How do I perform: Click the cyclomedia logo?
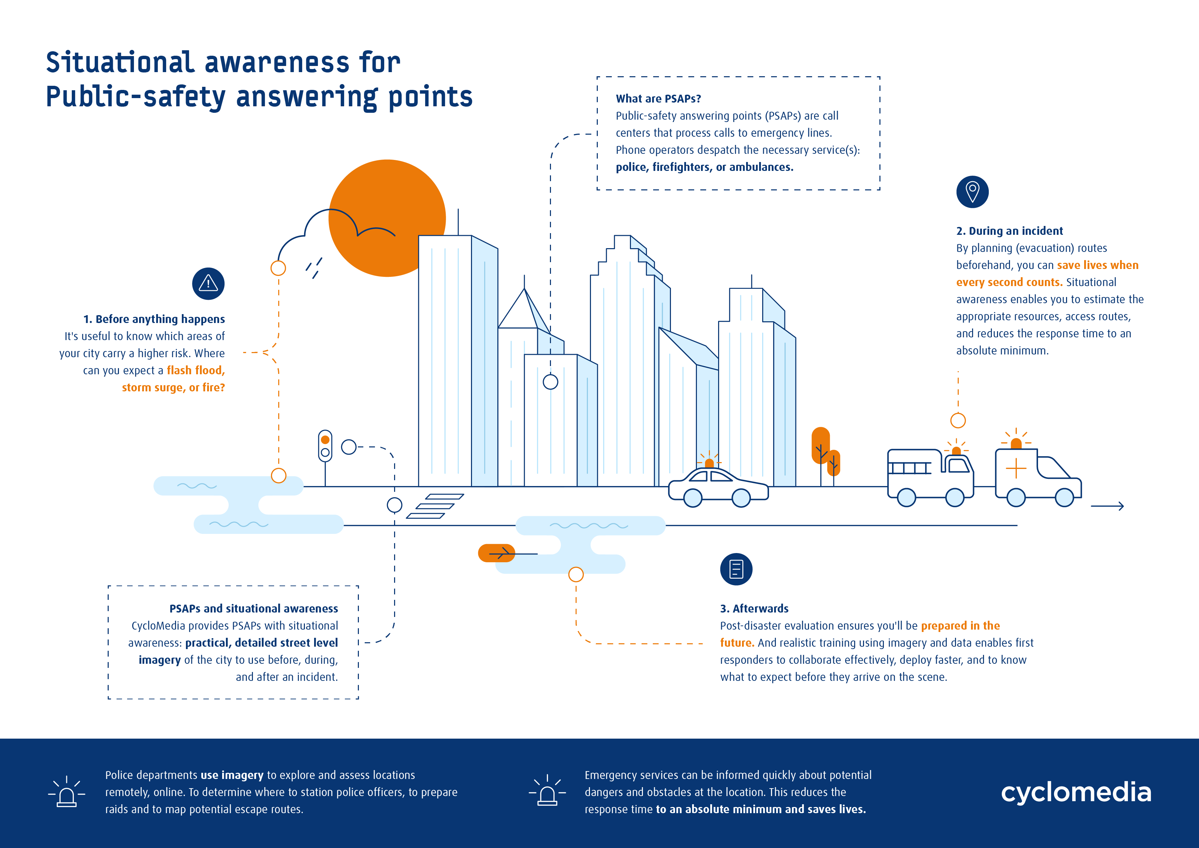tap(1076, 792)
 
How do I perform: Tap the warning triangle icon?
tap(208, 284)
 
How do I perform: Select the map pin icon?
tap(972, 192)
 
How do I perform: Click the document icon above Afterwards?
tap(736, 569)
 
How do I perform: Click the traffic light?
tap(325, 446)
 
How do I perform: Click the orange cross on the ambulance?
tap(1016, 468)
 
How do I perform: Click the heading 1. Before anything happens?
tap(154, 319)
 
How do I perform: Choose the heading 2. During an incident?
tap(1009, 231)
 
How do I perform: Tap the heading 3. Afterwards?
tap(754, 608)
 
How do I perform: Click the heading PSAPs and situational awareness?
tap(254, 608)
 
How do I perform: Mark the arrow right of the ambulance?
tap(1107, 506)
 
